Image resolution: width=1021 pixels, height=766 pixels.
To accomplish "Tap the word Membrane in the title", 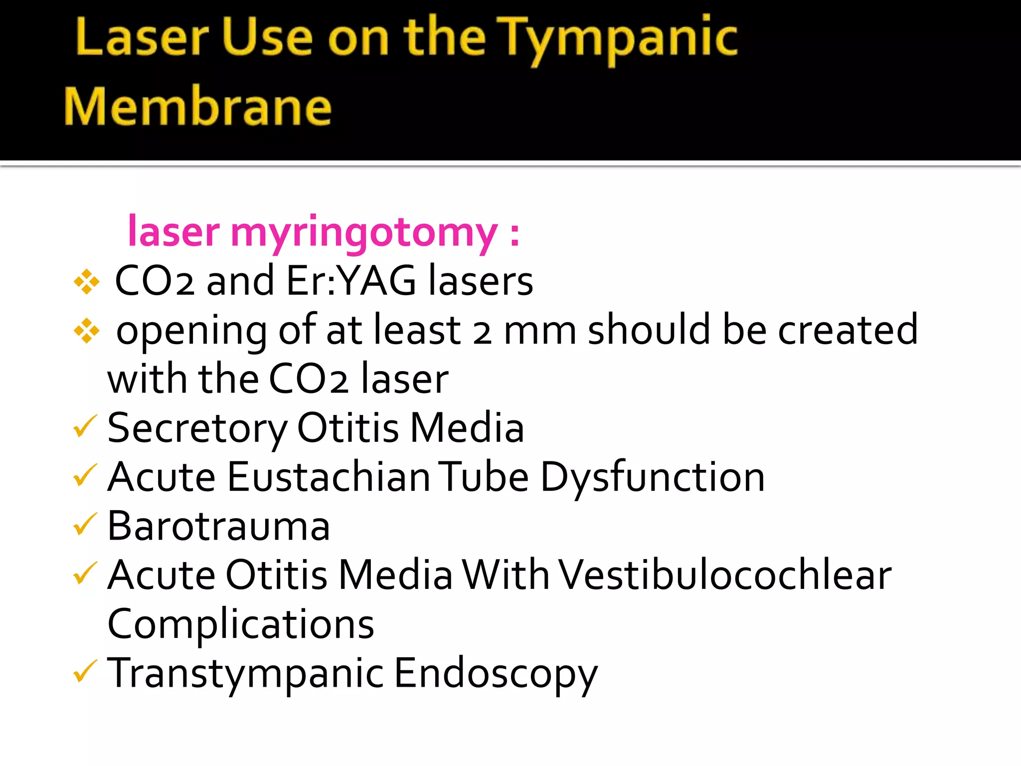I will point(198,106).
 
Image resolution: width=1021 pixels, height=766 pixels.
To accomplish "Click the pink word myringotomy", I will point(364,232).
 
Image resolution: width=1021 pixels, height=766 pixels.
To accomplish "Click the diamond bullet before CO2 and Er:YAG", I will point(87,282).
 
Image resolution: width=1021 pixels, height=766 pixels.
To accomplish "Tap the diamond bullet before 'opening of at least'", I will point(87,331).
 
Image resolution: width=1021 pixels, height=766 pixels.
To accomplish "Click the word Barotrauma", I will point(219,526).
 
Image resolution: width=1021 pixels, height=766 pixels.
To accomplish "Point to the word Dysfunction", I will point(653,477).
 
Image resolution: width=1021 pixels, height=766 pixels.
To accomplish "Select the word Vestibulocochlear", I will point(725,575).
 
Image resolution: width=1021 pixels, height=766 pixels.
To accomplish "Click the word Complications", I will point(241,624).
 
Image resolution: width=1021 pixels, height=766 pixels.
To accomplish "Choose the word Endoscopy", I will point(496,674).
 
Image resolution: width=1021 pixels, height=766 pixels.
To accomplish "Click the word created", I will point(848,330).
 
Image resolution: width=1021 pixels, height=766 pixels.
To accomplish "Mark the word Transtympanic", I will point(246,674).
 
